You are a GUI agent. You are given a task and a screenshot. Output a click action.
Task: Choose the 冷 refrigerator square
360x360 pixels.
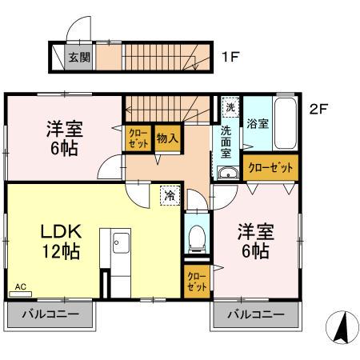point(170,194)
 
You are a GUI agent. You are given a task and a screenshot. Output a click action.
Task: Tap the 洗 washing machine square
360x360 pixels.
point(230,107)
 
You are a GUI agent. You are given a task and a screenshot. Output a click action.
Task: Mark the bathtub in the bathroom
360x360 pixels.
point(285,124)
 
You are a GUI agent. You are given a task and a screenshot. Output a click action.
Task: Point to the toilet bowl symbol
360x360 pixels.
point(196,237)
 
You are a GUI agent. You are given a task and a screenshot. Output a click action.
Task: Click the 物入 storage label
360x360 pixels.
point(166,137)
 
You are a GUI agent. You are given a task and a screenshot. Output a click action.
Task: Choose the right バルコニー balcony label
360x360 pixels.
point(255,314)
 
